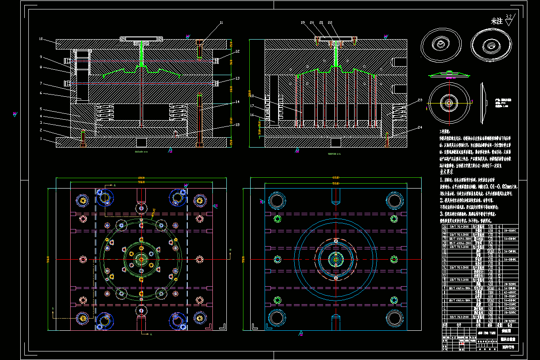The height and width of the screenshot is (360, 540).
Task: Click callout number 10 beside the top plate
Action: pos(40,39)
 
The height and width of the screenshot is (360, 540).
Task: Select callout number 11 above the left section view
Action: pos(221,22)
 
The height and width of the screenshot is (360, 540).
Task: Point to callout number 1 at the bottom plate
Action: pos(40,139)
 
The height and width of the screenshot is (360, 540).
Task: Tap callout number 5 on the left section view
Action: pos(40,109)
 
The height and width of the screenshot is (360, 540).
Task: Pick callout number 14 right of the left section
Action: pos(237,102)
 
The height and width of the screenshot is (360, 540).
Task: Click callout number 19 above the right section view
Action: pos(302,22)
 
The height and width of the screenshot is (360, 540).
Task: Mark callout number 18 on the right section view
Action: pos(252,96)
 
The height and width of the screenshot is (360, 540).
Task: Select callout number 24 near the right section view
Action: pos(419,127)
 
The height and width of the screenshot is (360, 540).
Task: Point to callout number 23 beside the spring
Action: pos(419,100)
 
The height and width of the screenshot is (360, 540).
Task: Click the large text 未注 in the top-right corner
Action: pos(496,21)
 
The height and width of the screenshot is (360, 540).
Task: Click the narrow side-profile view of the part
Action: pos(485,102)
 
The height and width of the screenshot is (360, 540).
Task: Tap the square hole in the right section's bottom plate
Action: pos(335,142)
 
